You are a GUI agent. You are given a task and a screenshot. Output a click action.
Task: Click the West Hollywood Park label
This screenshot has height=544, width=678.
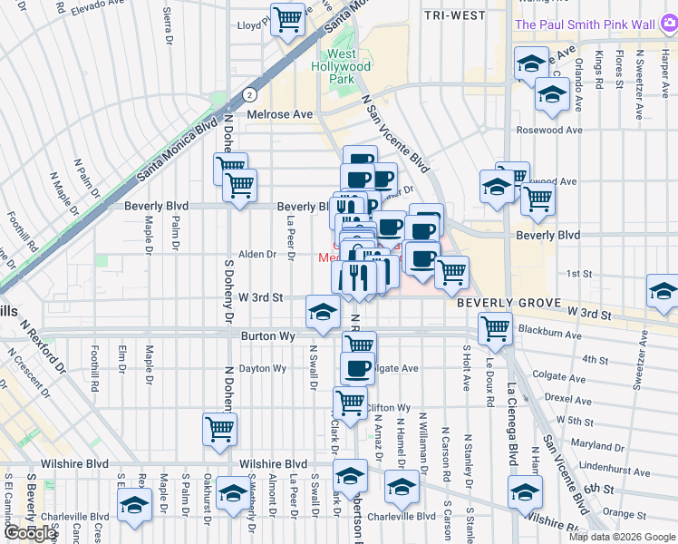341,66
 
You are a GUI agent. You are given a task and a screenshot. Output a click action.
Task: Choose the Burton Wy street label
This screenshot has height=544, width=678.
269,335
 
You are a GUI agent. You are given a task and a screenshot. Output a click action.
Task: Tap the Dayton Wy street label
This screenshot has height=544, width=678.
263,369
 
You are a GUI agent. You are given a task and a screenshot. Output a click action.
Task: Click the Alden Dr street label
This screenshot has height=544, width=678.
257,255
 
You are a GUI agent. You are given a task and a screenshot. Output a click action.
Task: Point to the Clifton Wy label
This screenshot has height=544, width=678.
389,408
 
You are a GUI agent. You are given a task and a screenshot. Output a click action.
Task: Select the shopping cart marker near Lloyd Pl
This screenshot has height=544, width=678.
288,18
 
